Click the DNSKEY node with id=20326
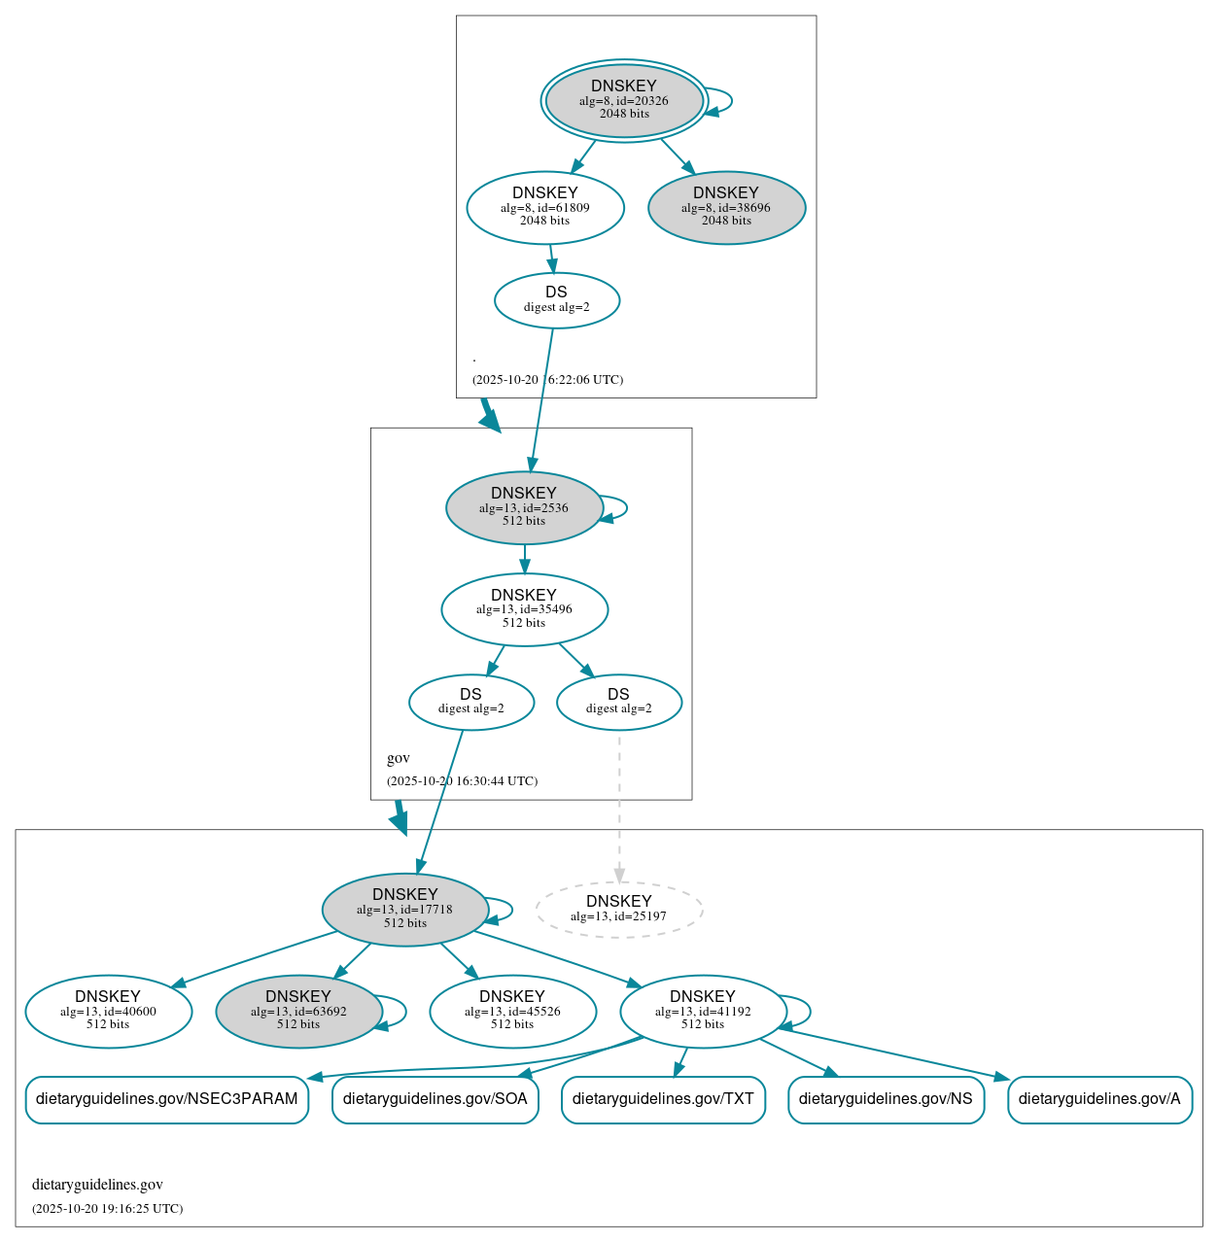pyautogui.click(x=624, y=100)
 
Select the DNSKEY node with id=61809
pyautogui.click(x=545, y=207)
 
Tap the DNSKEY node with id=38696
pyautogui.click(x=726, y=207)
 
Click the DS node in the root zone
pyautogui.click(x=556, y=300)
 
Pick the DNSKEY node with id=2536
pyautogui.click(x=524, y=507)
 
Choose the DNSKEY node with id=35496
pyautogui.click(x=524, y=609)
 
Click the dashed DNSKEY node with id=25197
pyautogui.click(x=619, y=910)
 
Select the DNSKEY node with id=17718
pyautogui.click(x=405, y=910)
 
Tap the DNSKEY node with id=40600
pyautogui.click(x=108, y=1012)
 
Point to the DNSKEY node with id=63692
pyautogui.click(x=298, y=1012)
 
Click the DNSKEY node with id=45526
pyautogui.click(x=512, y=1012)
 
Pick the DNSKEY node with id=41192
pyautogui.click(x=703, y=1012)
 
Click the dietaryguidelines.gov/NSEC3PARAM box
pyautogui.click(x=167, y=1099)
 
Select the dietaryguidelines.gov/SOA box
pyautogui.click(x=435, y=1099)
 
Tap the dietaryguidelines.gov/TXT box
pyautogui.click(x=663, y=1099)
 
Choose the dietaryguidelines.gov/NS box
pyautogui.click(x=886, y=1099)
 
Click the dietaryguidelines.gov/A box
pyautogui.click(x=1099, y=1099)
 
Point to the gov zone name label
pyautogui.click(x=399, y=758)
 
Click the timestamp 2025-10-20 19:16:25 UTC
pyautogui.click(x=107, y=1209)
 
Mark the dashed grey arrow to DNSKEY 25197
pyautogui.click(x=619, y=807)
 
